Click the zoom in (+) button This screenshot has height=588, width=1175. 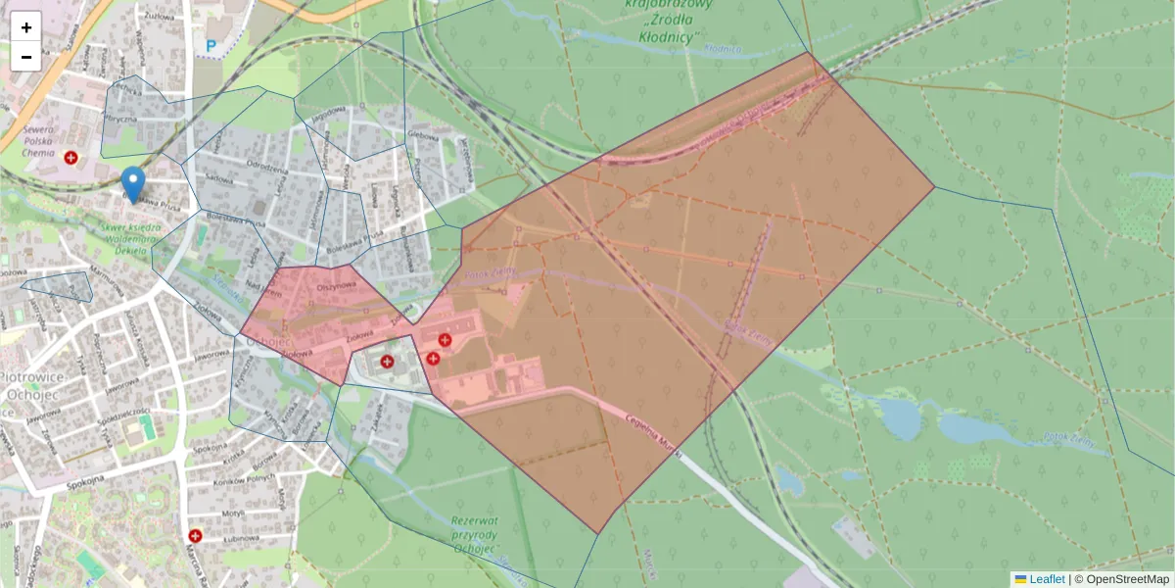(x=26, y=27)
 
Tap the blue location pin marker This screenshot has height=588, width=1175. (x=132, y=183)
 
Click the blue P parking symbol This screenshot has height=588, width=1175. (x=211, y=45)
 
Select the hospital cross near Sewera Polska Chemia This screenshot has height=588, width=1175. (x=71, y=157)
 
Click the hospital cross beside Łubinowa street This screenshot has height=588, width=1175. (x=195, y=536)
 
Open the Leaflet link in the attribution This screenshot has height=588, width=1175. (x=1046, y=579)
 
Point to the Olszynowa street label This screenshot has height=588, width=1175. (x=334, y=287)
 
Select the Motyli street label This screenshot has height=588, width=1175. (x=232, y=513)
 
